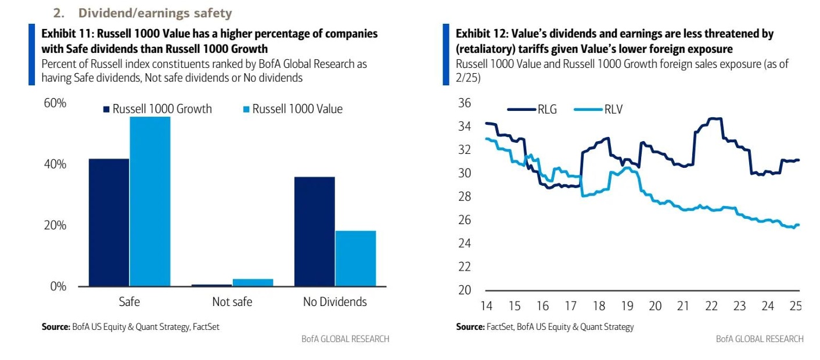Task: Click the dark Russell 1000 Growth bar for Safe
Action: [109, 222]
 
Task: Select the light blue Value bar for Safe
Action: [150, 201]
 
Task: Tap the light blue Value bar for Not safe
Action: [253, 283]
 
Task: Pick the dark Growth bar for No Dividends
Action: [314, 231]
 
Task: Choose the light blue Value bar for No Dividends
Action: [355, 258]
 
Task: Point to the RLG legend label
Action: [546, 109]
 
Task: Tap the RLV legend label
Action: [613, 109]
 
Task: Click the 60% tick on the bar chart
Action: [55, 103]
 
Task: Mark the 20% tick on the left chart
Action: [55, 225]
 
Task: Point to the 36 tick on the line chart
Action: [465, 103]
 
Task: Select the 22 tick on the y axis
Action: [465, 267]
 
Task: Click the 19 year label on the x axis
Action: [627, 306]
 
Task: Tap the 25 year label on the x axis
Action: [796, 306]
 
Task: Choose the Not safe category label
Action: [232, 302]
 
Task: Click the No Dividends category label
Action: [335, 302]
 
